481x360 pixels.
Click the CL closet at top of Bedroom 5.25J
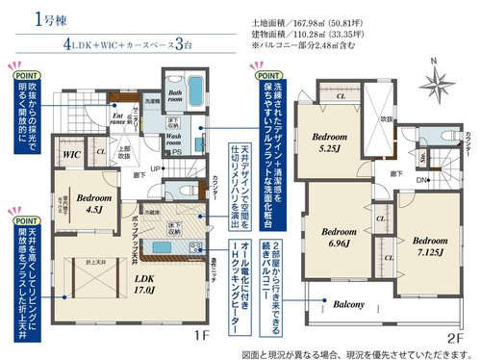pos(341,96)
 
